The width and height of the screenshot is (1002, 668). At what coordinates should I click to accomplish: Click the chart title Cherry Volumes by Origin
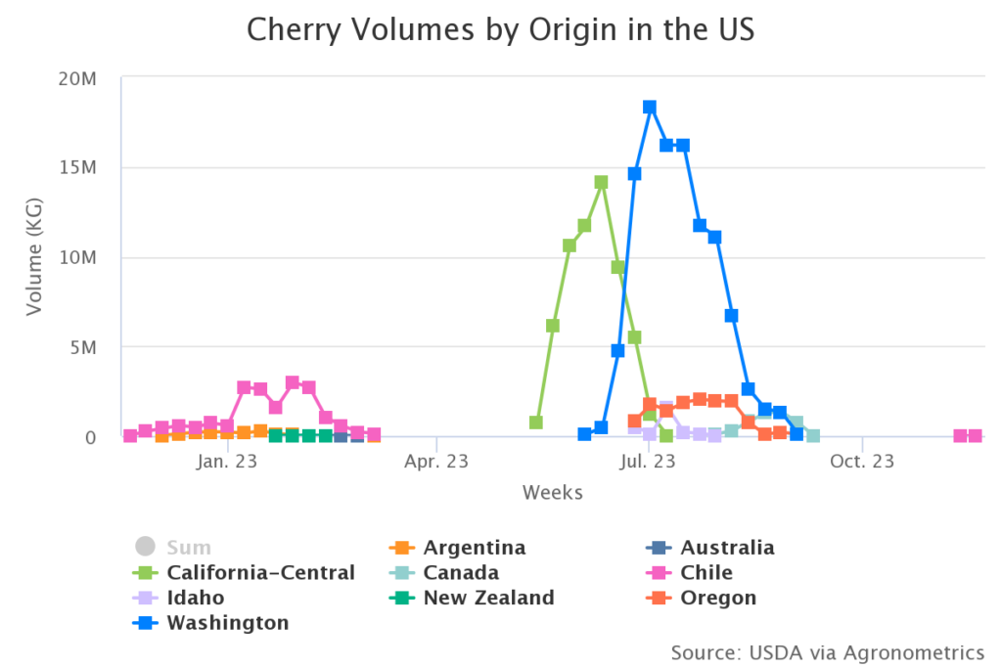click(x=500, y=29)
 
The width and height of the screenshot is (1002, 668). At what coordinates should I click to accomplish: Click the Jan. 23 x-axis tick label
click(x=226, y=461)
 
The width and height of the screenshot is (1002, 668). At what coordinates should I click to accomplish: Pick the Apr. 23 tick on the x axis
click(x=436, y=461)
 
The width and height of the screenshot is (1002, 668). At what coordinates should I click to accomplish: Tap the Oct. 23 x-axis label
click(x=861, y=461)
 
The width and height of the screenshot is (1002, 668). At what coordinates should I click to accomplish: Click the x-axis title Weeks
click(x=552, y=492)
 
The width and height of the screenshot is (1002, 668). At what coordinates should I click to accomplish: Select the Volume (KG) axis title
click(x=34, y=256)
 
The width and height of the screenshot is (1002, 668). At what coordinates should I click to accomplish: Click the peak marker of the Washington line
click(x=649, y=107)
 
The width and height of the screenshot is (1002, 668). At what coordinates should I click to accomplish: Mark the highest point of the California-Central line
click(x=601, y=182)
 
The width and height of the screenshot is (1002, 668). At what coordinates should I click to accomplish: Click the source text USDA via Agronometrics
click(x=827, y=651)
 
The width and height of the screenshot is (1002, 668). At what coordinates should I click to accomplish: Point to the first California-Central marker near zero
click(x=536, y=423)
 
